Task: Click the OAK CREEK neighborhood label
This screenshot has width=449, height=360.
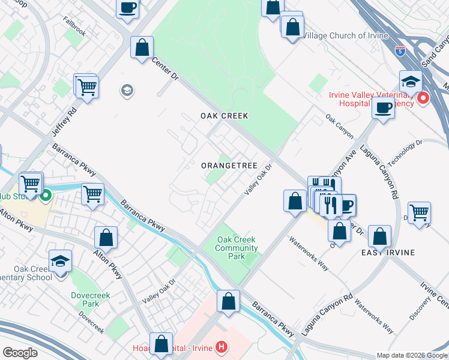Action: tap(224, 115)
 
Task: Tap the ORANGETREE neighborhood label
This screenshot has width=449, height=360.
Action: tap(229, 166)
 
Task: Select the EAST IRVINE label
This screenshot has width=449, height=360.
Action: tap(388, 253)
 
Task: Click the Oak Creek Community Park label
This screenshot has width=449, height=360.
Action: tap(237, 248)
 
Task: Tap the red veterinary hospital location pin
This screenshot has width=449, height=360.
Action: tap(423, 98)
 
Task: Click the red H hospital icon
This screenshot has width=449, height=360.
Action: tap(222, 347)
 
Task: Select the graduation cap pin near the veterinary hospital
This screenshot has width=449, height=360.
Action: tap(411, 82)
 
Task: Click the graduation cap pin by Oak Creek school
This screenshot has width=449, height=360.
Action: tap(60, 262)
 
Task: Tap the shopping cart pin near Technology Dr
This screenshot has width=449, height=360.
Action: tap(419, 213)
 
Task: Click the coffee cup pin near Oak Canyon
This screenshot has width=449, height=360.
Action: tap(383, 108)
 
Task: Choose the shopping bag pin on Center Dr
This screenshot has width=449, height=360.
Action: tap(142, 47)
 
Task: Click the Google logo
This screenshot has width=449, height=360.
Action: tap(20, 353)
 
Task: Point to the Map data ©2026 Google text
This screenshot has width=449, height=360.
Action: tap(411, 355)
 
